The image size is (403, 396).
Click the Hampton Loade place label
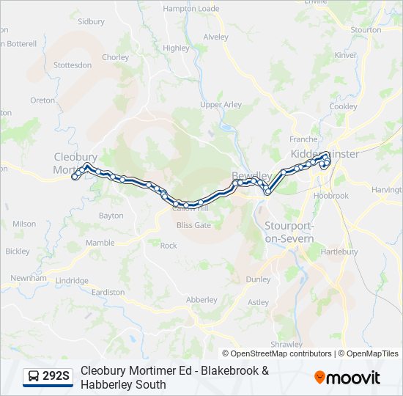[191, 9]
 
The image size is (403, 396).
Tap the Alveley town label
[215, 37]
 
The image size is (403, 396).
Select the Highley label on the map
[176, 48]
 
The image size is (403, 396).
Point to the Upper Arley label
[221, 105]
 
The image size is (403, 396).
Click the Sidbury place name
[91, 22]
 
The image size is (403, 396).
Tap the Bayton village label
[111, 216]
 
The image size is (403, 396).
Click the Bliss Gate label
[193, 225]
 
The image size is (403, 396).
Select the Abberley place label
[202, 300]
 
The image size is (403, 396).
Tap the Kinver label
[345, 56]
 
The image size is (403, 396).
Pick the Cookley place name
[344, 106]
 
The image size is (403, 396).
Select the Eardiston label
[108, 292]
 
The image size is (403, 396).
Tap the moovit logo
[347, 378]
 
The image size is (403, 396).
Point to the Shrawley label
[286, 344]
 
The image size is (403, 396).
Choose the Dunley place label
[258, 279]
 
